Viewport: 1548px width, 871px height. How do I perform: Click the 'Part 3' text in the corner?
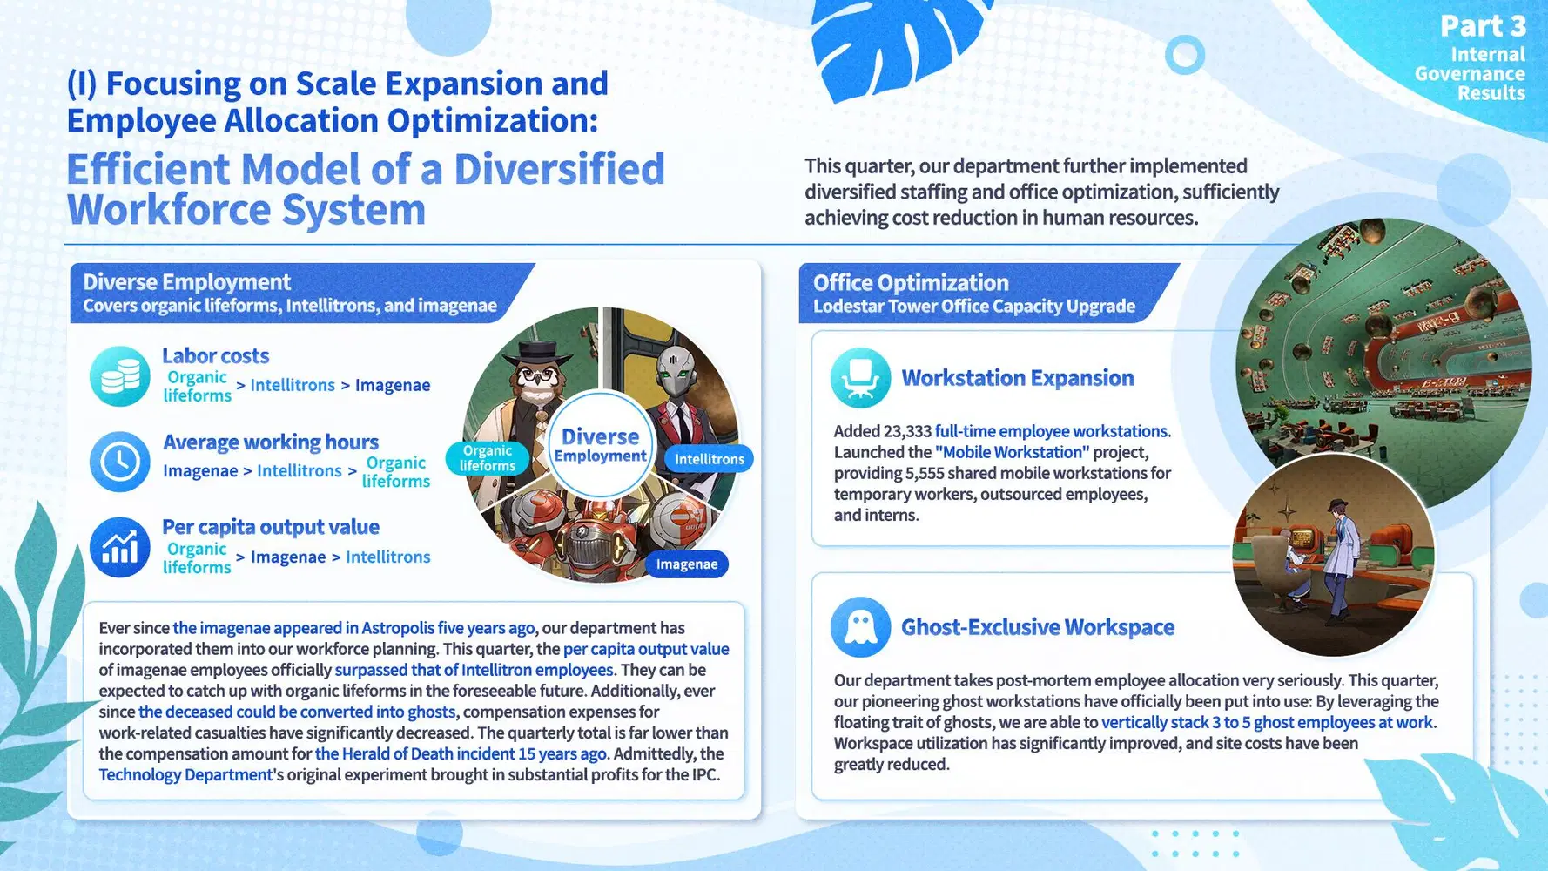tap(1483, 26)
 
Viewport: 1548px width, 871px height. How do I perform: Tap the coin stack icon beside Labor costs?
tap(120, 376)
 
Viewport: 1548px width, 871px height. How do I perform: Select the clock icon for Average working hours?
tap(120, 462)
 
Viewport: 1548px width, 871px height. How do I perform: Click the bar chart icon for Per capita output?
tap(120, 547)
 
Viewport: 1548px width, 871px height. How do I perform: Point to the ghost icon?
tap(860, 627)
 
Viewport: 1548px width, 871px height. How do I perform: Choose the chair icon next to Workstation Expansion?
tap(860, 378)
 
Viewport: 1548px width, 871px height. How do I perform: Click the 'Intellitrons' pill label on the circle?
tap(710, 459)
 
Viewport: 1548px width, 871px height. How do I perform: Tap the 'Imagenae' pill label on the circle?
tap(687, 564)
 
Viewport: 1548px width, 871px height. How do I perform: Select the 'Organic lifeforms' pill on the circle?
tap(488, 458)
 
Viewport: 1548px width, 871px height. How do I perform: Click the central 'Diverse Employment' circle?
tap(601, 445)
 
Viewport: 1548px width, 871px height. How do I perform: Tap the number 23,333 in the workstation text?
tap(906, 431)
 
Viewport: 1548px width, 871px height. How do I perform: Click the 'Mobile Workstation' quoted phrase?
tap(1013, 452)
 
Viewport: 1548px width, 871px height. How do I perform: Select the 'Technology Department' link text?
tap(185, 774)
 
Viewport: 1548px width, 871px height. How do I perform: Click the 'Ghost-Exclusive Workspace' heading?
tap(1038, 627)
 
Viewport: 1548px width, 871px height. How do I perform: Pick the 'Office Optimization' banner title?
tap(911, 283)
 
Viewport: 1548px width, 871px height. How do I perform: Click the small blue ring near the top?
tap(1185, 55)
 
